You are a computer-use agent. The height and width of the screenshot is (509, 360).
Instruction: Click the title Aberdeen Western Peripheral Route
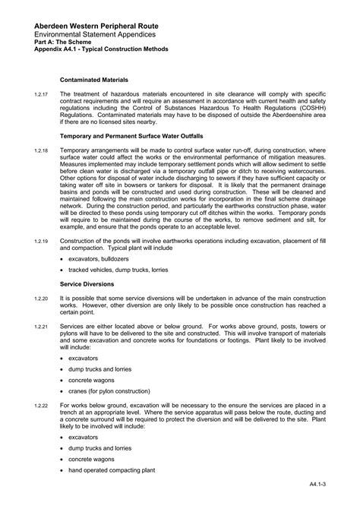90,27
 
